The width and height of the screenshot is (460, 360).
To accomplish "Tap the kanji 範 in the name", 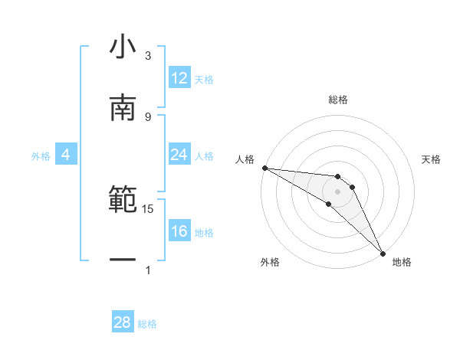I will click(123, 198).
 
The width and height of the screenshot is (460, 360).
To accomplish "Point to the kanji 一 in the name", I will click(123, 259).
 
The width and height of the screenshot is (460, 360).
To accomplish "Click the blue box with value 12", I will click(179, 78).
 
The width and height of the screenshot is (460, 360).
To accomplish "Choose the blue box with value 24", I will click(179, 155).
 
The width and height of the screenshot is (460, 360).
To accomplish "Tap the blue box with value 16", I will click(179, 231).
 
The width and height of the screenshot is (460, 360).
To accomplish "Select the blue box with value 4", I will click(66, 155).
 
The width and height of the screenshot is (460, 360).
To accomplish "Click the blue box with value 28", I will click(123, 322).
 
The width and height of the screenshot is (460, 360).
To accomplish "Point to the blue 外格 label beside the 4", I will click(41, 156).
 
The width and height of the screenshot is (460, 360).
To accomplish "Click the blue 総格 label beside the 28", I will click(147, 324).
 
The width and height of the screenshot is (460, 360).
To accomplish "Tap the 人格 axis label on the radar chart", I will click(245, 159).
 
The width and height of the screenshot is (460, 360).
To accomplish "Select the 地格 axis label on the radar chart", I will click(402, 262).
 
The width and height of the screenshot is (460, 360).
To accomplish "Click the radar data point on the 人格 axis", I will click(264, 168).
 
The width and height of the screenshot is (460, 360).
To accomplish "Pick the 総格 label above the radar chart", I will click(337, 100).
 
